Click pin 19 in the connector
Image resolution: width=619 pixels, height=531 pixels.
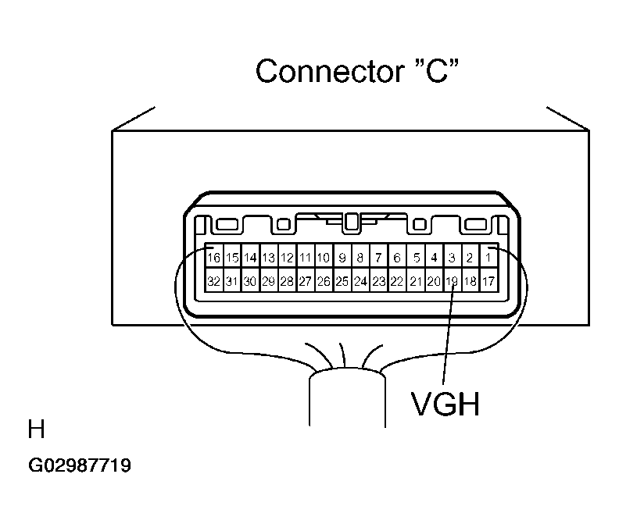(x=452, y=281)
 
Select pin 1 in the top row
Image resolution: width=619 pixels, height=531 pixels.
(x=488, y=257)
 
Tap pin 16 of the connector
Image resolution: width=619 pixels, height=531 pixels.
(x=214, y=257)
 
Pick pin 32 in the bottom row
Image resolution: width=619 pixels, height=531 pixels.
(x=214, y=281)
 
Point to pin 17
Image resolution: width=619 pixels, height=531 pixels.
(x=488, y=281)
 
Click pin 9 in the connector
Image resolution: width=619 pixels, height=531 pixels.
(x=342, y=257)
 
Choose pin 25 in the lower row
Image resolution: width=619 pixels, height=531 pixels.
(x=342, y=281)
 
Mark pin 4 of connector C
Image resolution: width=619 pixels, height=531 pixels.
(x=435, y=257)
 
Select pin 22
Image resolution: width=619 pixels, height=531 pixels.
(x=397, y=281)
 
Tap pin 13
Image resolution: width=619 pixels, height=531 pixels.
(x=269, y=257)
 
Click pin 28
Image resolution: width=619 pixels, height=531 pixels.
(x=287, y=281)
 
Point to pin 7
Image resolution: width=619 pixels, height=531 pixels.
(x=378, y=257)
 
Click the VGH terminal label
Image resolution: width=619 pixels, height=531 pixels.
(x=445, y=404)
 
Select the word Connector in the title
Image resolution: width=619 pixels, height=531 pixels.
(x=330, y=71)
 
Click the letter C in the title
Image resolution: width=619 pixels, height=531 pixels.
(x=437, y=71)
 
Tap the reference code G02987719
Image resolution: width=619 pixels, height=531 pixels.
(x=80, y=465)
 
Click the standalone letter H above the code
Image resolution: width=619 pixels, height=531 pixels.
(x=36, y=429)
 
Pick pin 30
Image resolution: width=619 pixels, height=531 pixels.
(x=250, y=281)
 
